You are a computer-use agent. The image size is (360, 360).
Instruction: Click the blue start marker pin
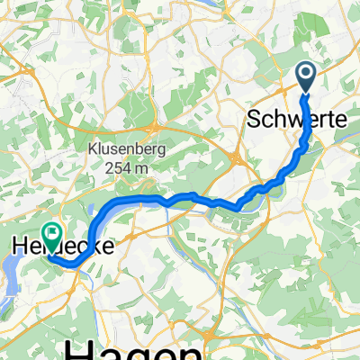click(306, 76)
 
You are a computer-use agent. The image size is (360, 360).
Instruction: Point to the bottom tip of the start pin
click(306, 93)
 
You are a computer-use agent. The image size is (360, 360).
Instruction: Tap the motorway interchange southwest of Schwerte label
click(236, 159)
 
